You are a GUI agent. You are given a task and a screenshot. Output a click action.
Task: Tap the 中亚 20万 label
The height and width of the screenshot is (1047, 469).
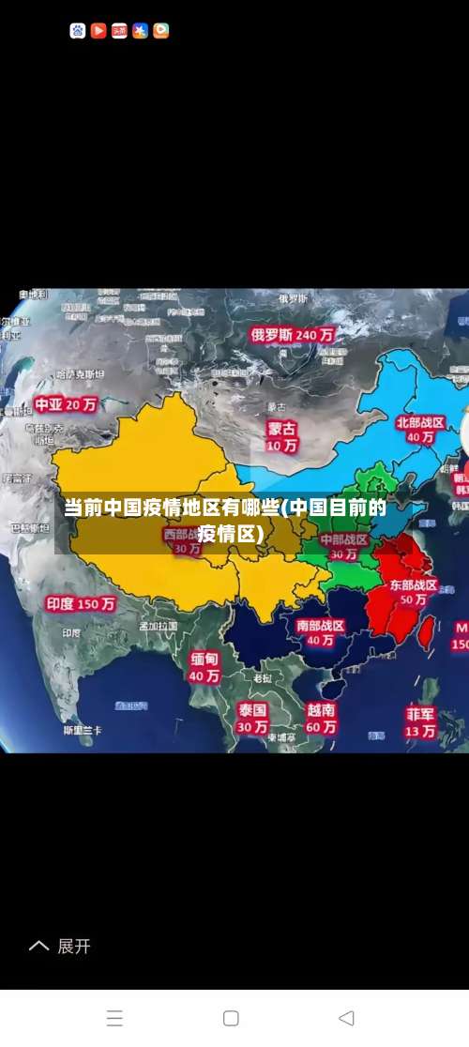pyautogui.click(x=66, y=405)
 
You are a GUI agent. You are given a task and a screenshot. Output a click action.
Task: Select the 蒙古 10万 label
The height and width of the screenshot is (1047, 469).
pyautogui.click(x=281, y=436)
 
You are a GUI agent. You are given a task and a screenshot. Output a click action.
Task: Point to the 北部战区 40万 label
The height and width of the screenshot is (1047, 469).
pyautogui.click(x=420, y=430)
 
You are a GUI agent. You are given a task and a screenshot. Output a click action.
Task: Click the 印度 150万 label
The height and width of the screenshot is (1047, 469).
pyautogui.click(x=81, y=604)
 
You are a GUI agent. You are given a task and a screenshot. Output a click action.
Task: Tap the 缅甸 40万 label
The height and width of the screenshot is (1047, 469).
pyautogui.click(x=204, y=666)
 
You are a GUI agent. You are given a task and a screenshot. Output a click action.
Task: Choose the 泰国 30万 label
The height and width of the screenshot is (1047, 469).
pyautogui.click(x=252, y=718)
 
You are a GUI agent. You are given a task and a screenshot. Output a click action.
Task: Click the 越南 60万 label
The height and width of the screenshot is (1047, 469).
pyautogui.click(x=321, y=718)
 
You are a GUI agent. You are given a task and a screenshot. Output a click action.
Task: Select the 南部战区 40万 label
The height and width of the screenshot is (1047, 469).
pyautogui.click(x=320, y=632)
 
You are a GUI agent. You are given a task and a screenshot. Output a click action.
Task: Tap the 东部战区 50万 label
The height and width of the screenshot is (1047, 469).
pyautogui.click(x=414, y=591)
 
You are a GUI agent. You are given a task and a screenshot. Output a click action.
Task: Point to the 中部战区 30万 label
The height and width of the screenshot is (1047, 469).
pyautogui.click(x=343, y=547)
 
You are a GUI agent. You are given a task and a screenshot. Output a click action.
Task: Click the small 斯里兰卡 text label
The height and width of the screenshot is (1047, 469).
pyautogui.click(x=83, y=730)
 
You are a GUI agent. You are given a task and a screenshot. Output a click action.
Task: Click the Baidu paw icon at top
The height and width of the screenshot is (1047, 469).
pyautogui.click(x=78, y=31)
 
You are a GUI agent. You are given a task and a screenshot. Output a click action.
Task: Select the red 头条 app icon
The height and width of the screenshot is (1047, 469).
pyautogui.click(x=119, y=31)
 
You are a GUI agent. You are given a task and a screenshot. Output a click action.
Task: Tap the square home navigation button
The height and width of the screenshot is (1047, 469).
pyautogui.click(x=231, y=1018)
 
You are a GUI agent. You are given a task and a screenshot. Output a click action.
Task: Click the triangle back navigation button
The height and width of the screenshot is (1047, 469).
pyautogui.click(x=346, y=1018)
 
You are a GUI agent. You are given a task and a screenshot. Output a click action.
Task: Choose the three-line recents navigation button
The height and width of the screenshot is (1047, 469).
pyautogui.click(x=114, y=1018)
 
